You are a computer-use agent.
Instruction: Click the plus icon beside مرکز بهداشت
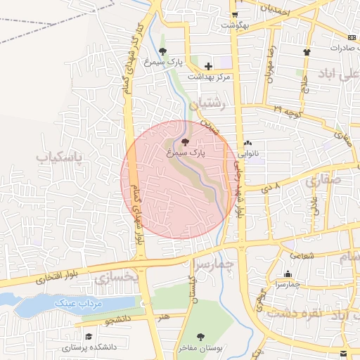[208, 66]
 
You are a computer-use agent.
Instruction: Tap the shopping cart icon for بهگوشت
[234, 14]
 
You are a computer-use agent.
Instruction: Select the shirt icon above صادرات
[307, 52]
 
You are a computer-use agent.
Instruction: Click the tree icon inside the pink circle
[185, 142]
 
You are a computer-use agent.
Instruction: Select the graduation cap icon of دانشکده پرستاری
[89, 336]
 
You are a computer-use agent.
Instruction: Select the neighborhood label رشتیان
[214, 103]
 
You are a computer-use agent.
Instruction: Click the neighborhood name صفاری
[323, 179]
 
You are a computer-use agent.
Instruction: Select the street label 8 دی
[271, 188]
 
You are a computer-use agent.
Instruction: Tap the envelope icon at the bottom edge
[343, 352]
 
